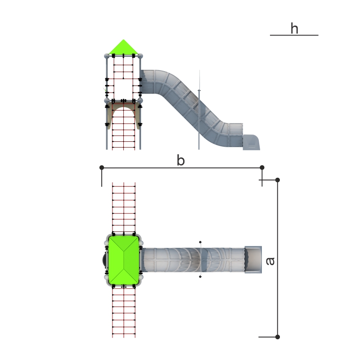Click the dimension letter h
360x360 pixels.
tap(294, 29)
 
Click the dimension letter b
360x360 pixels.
tap(180, 161)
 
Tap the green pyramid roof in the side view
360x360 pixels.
tap(123, 47)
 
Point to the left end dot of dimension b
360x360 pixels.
tap(102, 167)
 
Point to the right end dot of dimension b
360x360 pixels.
tap(262, 167)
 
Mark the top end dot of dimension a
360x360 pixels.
tap(278, 180)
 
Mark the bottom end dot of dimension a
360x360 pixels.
tap(278, 337)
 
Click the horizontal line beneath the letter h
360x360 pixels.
tap(294, 35)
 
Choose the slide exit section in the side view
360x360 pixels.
tap(252, 142)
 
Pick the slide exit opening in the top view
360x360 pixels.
tap(252, 259)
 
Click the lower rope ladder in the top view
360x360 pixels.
tap(124, 313)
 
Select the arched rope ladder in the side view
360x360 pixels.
tap(124, 128)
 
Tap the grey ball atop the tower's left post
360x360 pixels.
tap(107, 56)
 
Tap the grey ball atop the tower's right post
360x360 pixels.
tap(140, 56)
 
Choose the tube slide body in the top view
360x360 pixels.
tap(193, 260)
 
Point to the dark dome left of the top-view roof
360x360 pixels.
tap(105, 260)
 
